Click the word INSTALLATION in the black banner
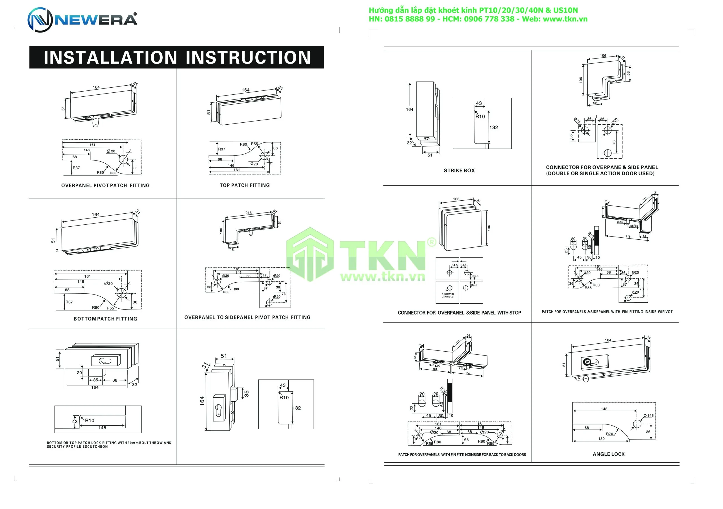coord(110,58)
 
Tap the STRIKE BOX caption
coord(459,170)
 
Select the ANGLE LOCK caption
coord(608,454)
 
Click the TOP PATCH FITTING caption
coord(245,185)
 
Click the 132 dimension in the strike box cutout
coord(493,127)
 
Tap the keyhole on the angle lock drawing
coord(586,362)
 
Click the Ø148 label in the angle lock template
coord(648,415)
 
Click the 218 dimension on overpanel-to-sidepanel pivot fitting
coord(249,213)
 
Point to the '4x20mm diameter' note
coord(448,295)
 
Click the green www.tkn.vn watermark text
coord(383,277)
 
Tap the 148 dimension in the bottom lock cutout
coord(102,428)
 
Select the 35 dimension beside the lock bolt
coord(247,394)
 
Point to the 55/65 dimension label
coord(634,226)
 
